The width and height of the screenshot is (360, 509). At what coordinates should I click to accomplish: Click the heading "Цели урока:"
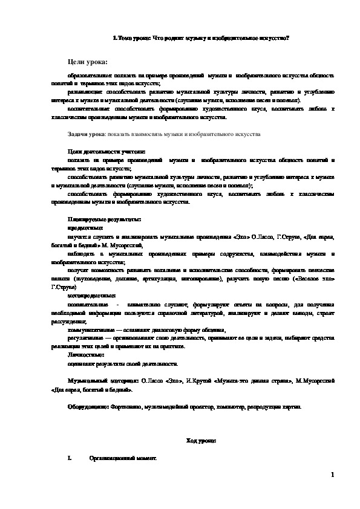pyautogui.click(x=88, y=62)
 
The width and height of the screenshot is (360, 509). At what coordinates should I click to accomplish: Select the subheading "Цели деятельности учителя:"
pyautogui.click(x=99, y=151)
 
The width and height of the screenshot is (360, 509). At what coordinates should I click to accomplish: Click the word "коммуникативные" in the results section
pyautogui.click(x=91, y=331)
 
